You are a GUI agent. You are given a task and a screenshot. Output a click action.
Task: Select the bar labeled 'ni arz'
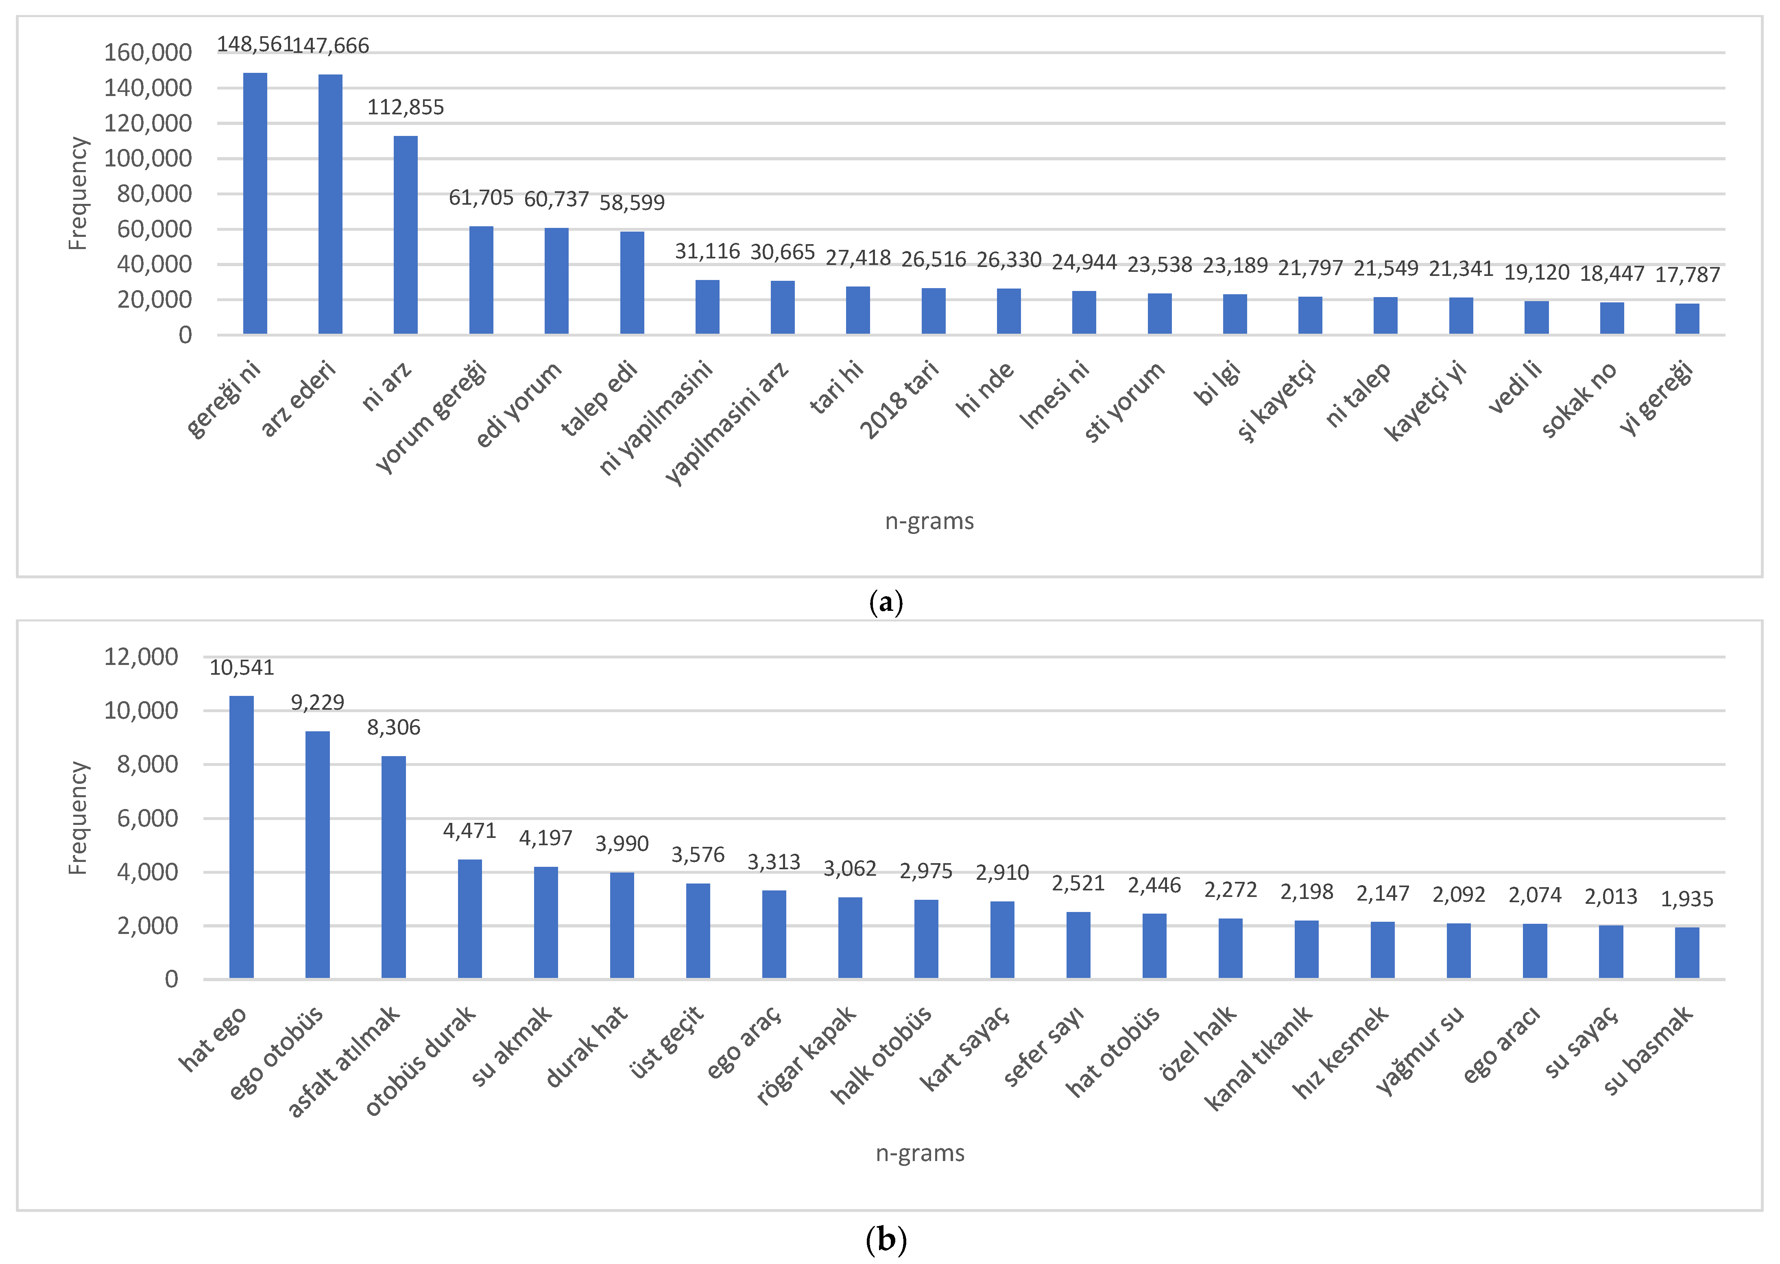[405, 235]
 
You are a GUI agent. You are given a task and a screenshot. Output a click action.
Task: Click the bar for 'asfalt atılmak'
[394, 867]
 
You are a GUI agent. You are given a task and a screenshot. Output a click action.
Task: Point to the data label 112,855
[405, 107]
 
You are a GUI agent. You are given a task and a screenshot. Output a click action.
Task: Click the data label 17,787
[1686, 275]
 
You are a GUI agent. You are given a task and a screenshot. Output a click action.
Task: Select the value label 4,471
[469, 831]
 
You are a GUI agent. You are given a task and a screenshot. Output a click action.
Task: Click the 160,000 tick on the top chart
[148, 53]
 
